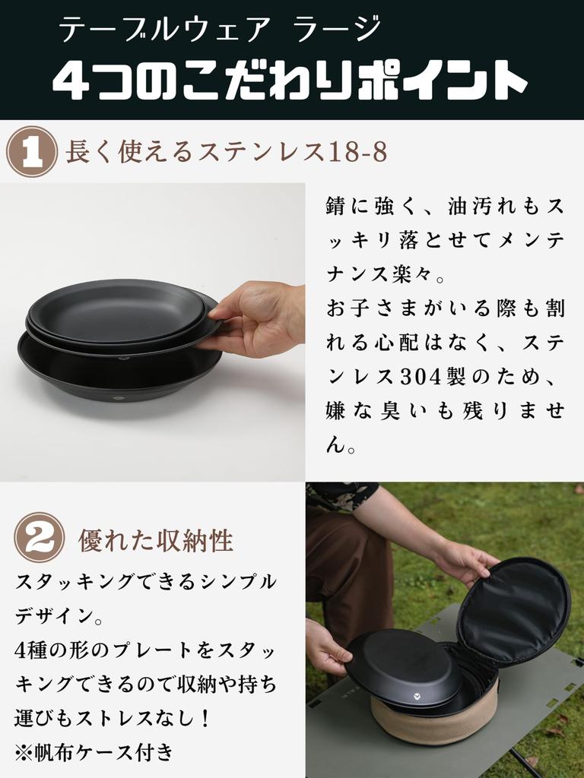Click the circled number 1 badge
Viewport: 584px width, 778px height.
click(31, 151)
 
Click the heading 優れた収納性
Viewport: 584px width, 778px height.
click(155, 540)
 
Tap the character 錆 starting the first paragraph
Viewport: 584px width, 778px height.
click(336, 206)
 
